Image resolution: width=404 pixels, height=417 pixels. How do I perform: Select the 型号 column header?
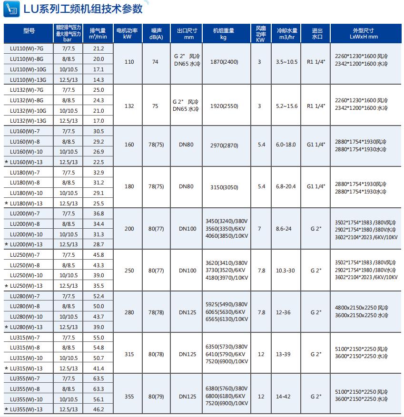point(29,32)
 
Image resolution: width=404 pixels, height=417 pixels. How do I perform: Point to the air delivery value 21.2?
point(99,48)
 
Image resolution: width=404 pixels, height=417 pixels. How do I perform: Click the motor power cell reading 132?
point(129,106)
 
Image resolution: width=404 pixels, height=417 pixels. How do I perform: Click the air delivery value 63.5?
point(99,378)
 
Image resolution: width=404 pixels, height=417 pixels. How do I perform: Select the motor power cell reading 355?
point(129,396)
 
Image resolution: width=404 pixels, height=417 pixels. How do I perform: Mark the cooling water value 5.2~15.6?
point(286,106)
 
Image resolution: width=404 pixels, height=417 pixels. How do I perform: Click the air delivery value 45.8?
point(99,255)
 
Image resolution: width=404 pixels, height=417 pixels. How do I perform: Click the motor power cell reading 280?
point(129,312)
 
